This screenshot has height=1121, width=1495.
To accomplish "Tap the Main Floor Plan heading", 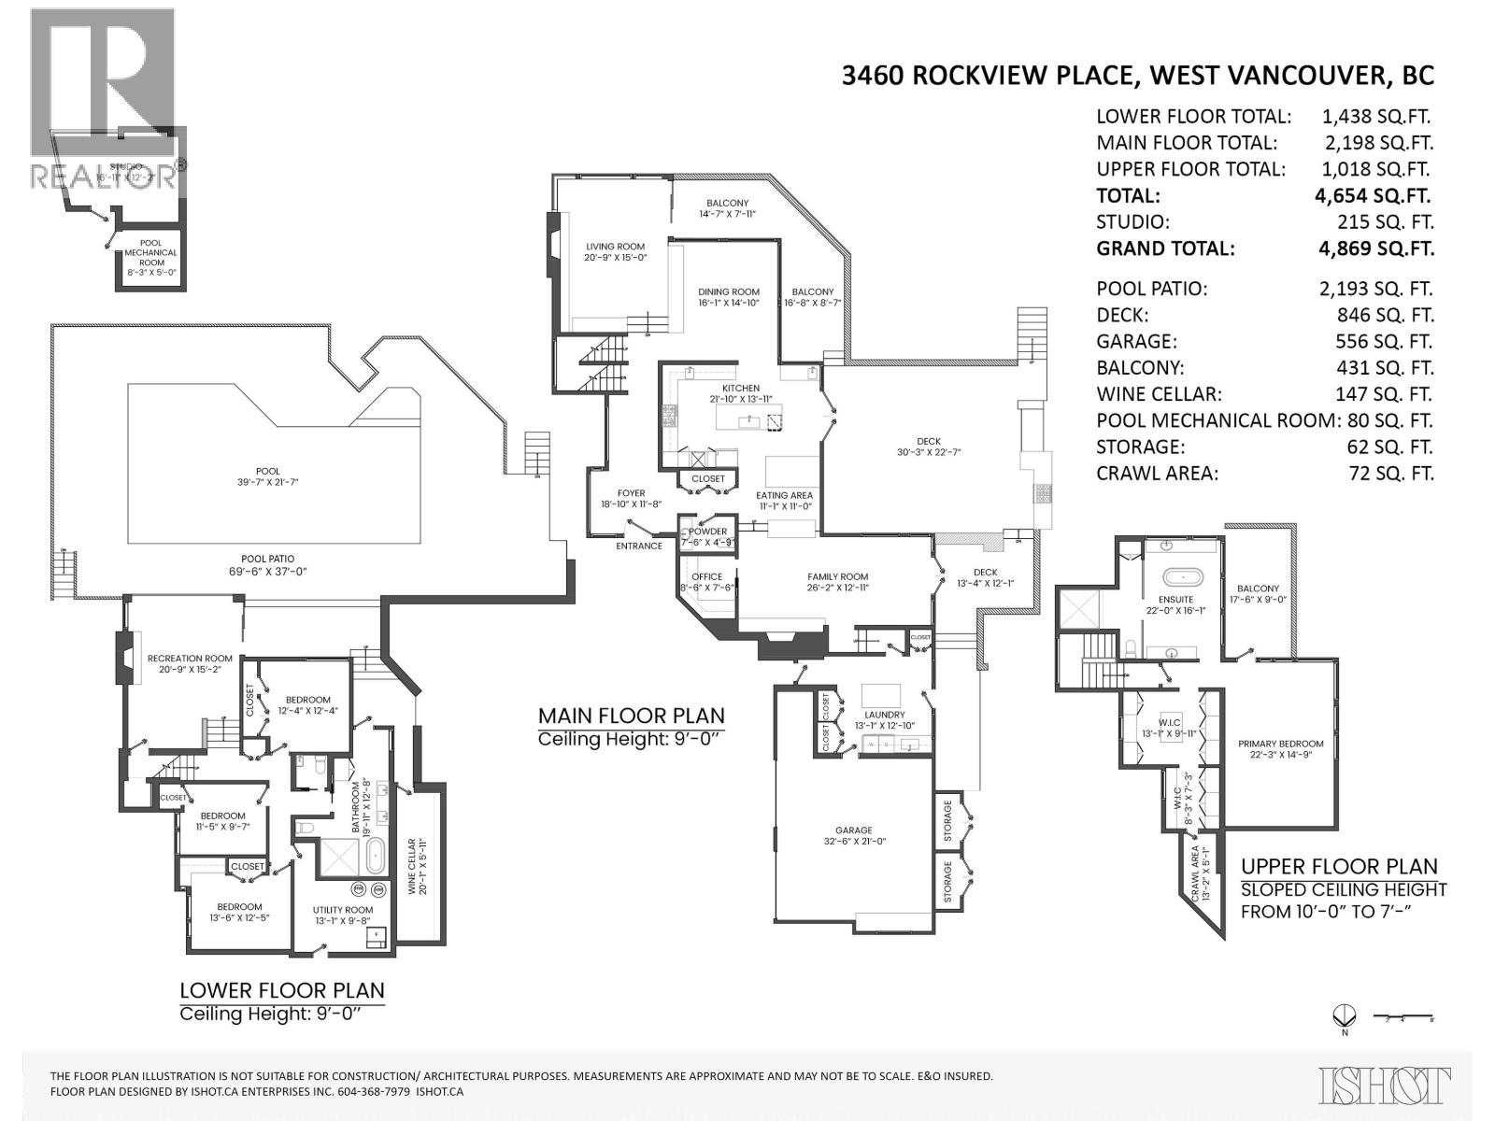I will (x=631, y=717).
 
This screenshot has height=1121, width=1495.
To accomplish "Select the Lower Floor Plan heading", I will (x=281, y=990).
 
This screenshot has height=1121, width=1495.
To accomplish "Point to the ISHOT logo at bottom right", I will (x=1385, y=1086).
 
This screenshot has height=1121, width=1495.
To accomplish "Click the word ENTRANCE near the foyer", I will (x=639, y=546).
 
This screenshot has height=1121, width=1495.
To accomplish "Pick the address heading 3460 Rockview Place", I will (x=1137, y=76).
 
